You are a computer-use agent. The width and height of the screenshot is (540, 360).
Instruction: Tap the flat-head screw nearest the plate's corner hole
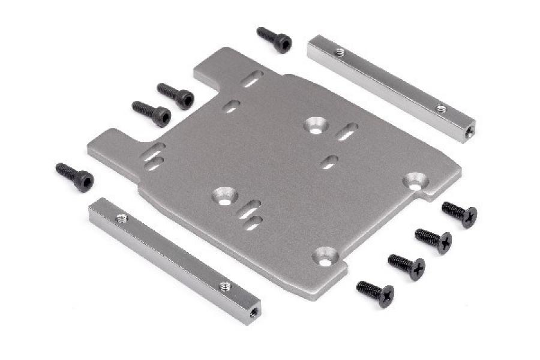point(460,213)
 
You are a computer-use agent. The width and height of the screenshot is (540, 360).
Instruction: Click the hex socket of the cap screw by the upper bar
point(283,43)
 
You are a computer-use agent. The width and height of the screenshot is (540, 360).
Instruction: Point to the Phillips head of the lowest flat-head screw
point(386,295)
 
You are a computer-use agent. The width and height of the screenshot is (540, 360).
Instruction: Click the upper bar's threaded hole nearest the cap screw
point(340,52)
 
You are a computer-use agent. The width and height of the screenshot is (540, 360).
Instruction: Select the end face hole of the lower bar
point(254,312)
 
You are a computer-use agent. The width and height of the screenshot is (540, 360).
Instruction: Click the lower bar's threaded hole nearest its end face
point(225,286)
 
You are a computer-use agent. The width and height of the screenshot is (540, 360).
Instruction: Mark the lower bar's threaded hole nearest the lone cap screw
point(122,218)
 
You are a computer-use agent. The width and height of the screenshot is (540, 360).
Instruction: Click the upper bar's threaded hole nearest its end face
point(441,109)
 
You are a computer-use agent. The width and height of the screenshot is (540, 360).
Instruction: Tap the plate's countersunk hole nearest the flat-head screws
point(415,180)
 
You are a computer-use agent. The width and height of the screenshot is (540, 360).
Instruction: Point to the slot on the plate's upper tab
point(253,79)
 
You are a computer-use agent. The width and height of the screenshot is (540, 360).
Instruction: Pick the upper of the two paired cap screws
point(175,95)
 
